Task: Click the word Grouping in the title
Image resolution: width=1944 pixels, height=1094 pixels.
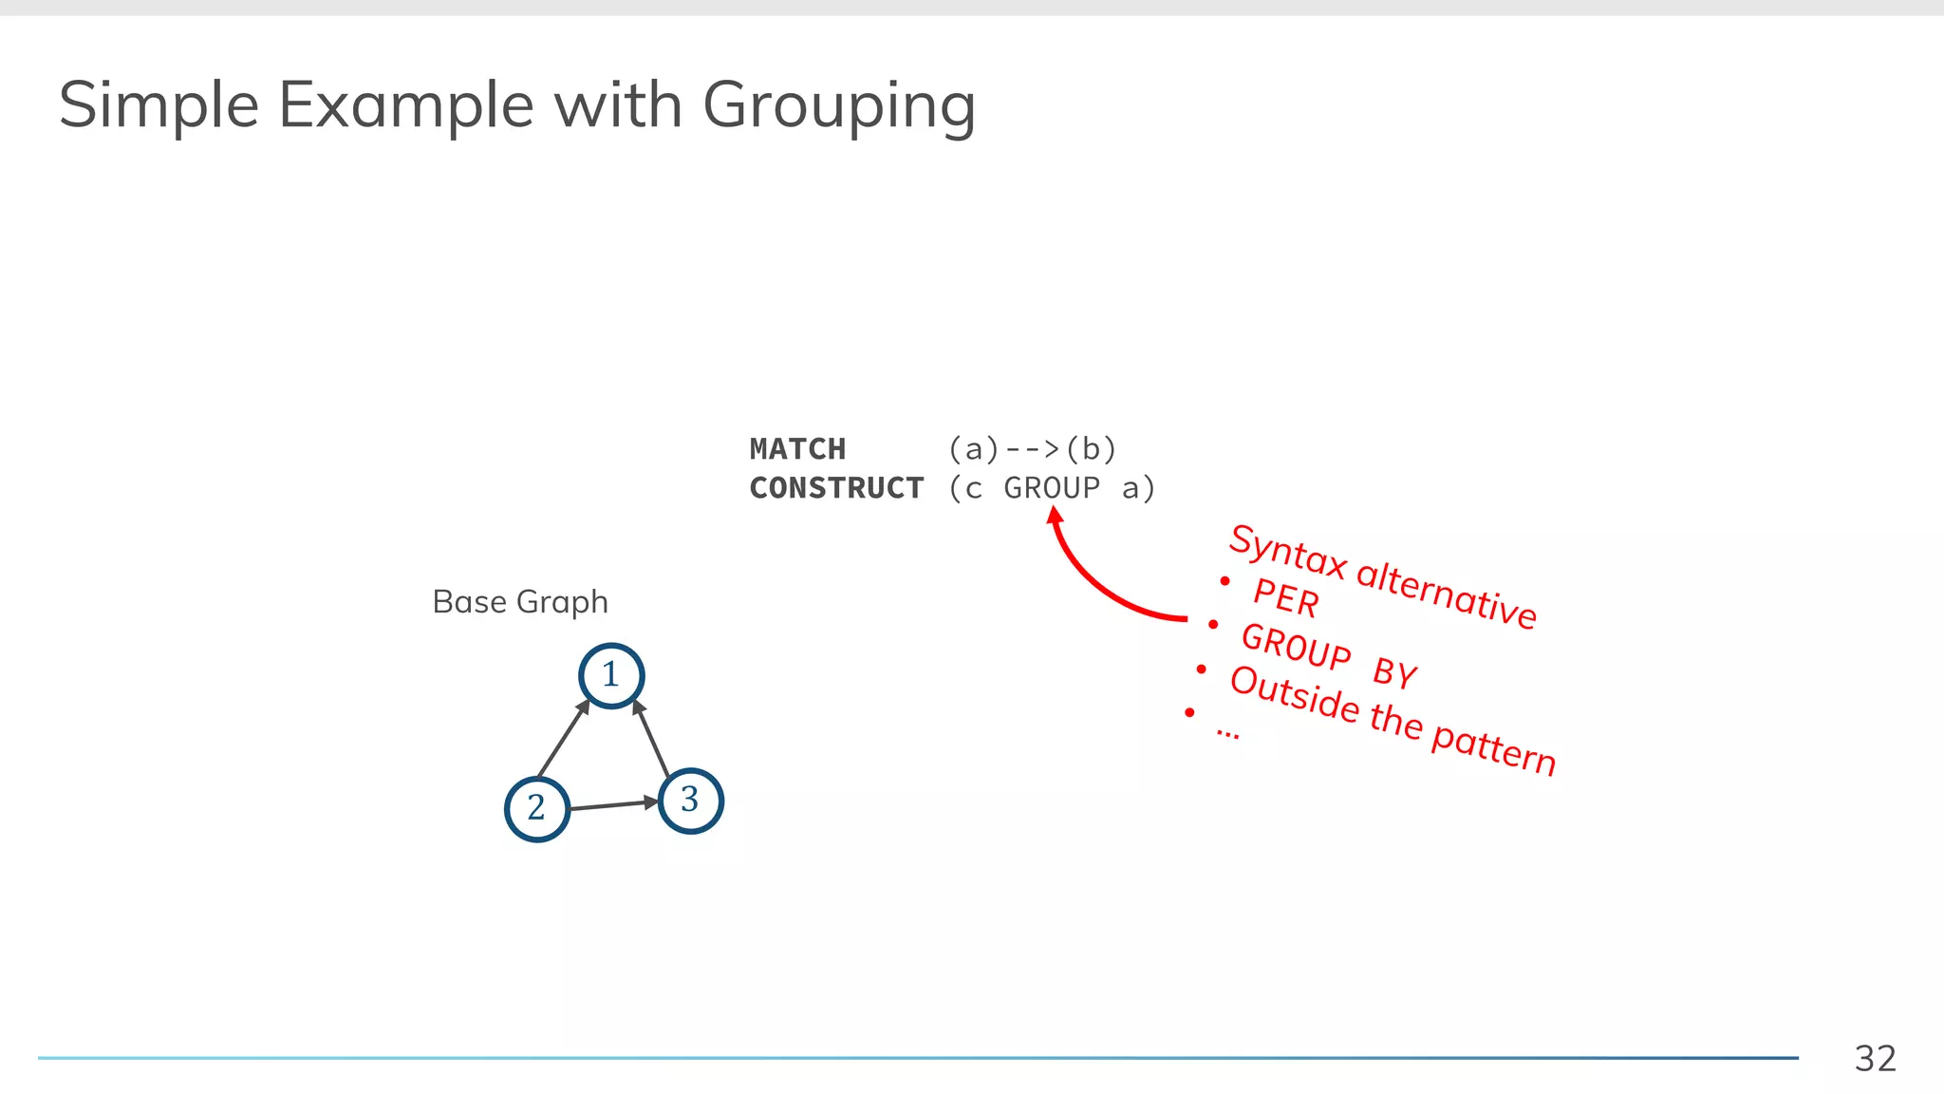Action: click(x=839, y=106)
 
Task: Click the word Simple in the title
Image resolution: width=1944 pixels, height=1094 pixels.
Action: click(x=159, y=106)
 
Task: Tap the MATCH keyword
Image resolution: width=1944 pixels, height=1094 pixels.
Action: click(x=797, y=448)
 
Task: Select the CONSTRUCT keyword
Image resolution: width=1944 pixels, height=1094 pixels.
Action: click(x=836, y=488)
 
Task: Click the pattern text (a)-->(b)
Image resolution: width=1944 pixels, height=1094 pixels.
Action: click(x=1033, y=448)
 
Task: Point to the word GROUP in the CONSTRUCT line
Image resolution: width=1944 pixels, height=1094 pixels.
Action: click(x=1052, y=488)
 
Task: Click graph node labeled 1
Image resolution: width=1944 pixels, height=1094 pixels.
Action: click(x=611, y=675)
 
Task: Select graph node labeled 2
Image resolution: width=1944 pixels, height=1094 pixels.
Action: click(x=537, y=808)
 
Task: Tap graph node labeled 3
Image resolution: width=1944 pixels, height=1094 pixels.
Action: click(x=690, y=801)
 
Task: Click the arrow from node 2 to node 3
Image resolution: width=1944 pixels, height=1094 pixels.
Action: click(x=614, y=805)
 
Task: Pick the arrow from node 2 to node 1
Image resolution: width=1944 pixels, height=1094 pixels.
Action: click(x=563, y=740)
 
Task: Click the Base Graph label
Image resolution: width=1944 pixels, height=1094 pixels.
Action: click(x=519, y=602)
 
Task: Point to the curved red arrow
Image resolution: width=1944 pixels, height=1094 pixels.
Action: click(x=1092, y=585)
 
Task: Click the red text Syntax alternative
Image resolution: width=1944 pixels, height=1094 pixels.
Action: click(x=1382, y=576)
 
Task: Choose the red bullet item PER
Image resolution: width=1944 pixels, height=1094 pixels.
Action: click(x=1285, y=598)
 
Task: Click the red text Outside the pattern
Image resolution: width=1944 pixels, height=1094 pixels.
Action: click(x=1392, y=719)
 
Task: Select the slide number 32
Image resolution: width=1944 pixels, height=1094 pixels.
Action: click(x=1875, y=1058)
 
